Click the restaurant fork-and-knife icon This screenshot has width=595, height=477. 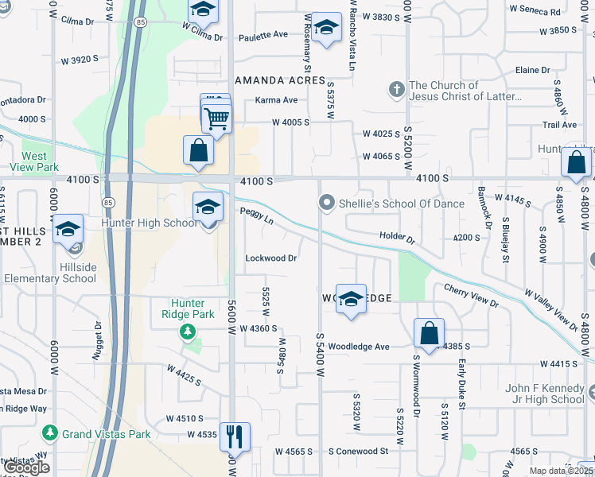(x=235, y=436)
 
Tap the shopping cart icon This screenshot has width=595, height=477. (x=216, y=119)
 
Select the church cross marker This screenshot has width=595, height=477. (x=396, y=88)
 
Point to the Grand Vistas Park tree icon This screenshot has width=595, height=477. (x=50, y=433)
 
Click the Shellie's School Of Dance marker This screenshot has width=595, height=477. (x=325, y=204)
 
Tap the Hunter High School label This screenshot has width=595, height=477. (x=149, y=223)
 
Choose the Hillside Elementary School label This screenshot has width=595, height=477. (x=50, y=272)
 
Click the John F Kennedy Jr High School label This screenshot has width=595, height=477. (x=545, y=394)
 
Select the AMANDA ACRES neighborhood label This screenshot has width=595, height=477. (x=280, y=81)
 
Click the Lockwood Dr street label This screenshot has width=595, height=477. (x=271, y=258)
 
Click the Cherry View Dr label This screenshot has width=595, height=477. (x=471, y=297)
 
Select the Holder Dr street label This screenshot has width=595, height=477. (x=398, y=237)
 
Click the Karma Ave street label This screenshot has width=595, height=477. (x=276, y=100)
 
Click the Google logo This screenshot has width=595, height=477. (x=28, y=467)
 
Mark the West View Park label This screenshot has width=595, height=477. (x=41, y=162)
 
